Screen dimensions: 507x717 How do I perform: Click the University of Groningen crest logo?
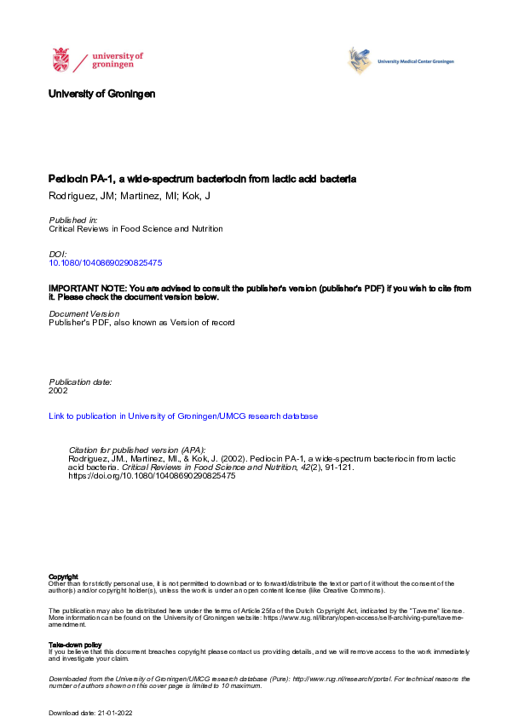pyautogui.click(x=60, y=60)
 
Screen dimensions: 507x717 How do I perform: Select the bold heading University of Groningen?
pyautogui.click(x=102, y=94)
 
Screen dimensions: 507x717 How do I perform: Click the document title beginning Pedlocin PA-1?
pyautogui.click(x=202, y=180)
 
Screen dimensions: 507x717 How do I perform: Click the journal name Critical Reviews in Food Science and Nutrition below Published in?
pyautogui.click(x=136, y=229)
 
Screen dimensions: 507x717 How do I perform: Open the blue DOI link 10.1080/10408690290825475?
pyautogui.click(x=106, y=263)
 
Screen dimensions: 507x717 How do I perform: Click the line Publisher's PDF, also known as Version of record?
pyautogui.click(x=141, y=323)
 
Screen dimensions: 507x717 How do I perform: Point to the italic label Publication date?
pyautogui.click(x=81, y=382)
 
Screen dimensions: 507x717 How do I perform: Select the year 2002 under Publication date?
pyautogui.click(x=59, y=391)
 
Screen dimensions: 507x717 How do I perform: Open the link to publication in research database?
pyautogui.click(x=183, y=416)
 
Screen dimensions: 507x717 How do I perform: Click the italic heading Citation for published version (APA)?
pyautogui.click(x=136, y=450)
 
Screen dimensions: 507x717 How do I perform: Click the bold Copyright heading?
pyautogui.click(x=64, y=576)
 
